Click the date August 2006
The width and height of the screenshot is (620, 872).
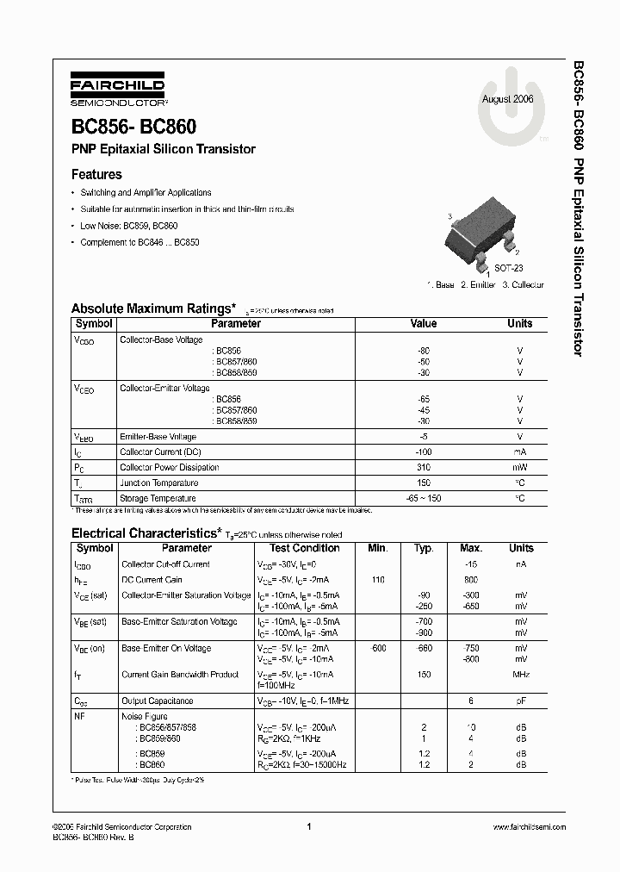pos(508,99)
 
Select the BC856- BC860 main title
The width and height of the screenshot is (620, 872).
pos(133,127)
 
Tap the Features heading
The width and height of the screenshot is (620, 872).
pos(96,174)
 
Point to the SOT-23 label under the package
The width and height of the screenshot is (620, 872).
pos(507,268)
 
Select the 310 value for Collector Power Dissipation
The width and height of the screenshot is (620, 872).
pos(424,467)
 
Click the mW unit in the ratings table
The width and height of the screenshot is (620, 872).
pos(519,467)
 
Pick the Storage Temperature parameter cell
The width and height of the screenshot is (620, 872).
pos(158,498)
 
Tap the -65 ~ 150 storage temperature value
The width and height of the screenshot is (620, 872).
pos(424,498)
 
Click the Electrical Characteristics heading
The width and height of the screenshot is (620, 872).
pos(146,533)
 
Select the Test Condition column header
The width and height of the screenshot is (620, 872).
pos(304,548)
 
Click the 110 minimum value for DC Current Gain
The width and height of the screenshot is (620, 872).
pos(377,580)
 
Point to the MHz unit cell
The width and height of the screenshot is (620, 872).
pos(521,675)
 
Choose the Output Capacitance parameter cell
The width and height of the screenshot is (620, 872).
pos(157,701)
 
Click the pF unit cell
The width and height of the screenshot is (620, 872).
pos(521,701)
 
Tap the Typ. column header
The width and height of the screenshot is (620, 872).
pos(424,548)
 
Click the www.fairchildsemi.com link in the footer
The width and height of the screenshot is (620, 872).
pos(529,826)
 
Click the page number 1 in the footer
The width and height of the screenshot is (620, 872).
pos(308,826)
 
